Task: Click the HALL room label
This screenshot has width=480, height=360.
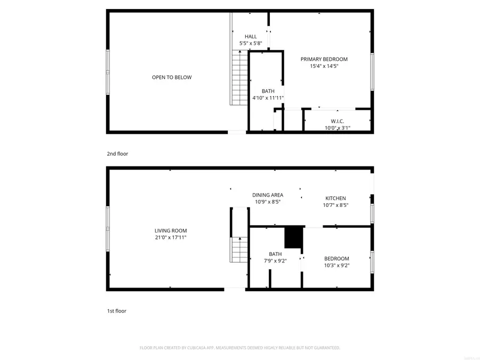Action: click(251, 36)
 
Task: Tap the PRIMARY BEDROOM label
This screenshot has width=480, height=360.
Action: click(324, 59)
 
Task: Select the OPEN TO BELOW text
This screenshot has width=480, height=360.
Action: click(172, 77)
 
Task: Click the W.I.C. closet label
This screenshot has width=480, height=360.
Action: click(338, 121)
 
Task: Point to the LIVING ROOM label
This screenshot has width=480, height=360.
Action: click(171, 230)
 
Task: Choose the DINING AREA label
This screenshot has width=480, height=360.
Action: click(268, 195)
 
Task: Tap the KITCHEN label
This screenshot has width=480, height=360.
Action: click(335, 198)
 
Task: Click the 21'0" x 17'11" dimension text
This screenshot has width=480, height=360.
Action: click(171, 237)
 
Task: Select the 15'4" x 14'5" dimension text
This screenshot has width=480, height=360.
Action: click(324, 66)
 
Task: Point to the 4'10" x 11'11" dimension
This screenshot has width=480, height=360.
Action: click(268, 98)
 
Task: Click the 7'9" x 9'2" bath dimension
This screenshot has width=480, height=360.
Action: click(275, 261)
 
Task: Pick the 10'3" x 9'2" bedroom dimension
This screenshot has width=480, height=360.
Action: click(337, 265)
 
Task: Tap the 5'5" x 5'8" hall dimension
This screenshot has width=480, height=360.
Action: click(251, 43)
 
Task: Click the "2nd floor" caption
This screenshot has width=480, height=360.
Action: click(117, 154)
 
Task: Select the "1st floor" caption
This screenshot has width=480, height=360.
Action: click(117, 311)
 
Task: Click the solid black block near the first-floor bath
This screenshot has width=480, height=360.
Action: click(293, 237)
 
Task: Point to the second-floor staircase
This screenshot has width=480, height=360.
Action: click(239, 78)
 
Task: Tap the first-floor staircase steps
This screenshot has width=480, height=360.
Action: click(239, 250)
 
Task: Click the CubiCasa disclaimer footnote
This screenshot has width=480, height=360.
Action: click(239, 348)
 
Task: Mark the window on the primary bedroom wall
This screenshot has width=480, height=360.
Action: click(372, 71)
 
